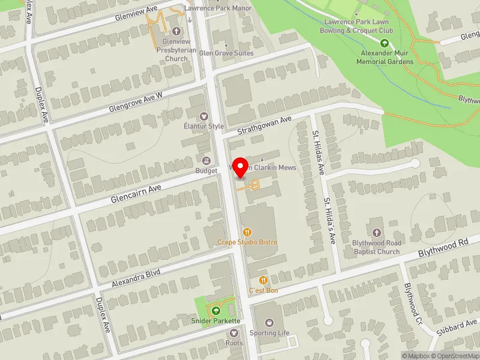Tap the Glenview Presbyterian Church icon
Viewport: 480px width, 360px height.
click(x=176, y=31)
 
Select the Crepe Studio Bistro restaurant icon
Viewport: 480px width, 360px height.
click(x=247, y=232)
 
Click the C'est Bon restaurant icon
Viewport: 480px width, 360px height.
click(x=263, y=280)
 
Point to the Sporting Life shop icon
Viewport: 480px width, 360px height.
click(x=268, y=323)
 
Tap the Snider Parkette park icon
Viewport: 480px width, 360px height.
click(x=215, y=310)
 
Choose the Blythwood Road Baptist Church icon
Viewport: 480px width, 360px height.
click(x=376, y=232)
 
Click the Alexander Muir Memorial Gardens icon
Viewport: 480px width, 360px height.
click(x=385, y=43)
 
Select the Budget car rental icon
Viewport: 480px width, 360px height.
click(x=206, y=160)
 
